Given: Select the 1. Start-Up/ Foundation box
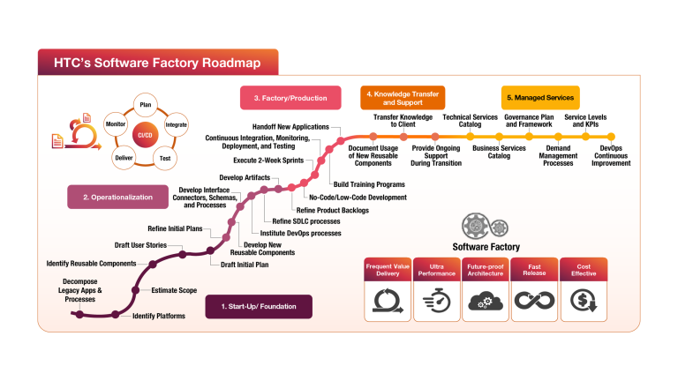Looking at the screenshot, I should tap(259, 307).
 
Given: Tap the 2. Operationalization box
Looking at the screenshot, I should tap(117, 197).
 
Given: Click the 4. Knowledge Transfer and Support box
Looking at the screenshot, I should tap(402, 97).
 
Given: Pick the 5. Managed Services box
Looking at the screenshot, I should tap(540, 98).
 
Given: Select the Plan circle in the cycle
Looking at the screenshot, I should tap(146, 105).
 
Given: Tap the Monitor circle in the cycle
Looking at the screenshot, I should tap(115, 125).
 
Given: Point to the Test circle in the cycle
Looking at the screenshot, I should tap(164, 158).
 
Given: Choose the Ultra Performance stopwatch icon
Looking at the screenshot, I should tap(436, 302).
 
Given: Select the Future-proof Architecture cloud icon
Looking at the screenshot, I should tap(486, 302).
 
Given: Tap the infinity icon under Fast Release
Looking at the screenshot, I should tap(534, 302).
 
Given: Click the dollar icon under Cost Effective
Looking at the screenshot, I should tap(583, 302).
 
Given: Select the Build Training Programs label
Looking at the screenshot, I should tap(369, 184).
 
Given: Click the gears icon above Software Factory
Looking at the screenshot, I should tap(486, 227).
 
